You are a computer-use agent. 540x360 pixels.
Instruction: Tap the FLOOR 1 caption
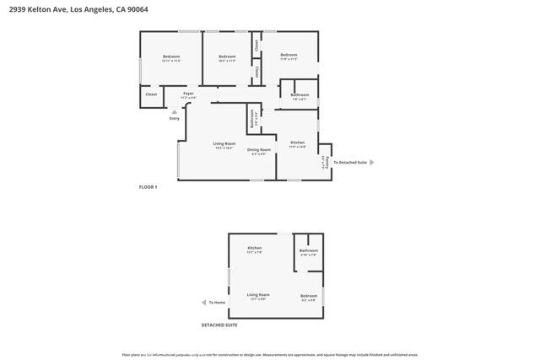(148, 186)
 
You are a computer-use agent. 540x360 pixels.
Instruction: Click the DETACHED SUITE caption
(219, 324)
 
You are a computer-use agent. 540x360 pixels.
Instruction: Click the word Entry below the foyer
(175, 118)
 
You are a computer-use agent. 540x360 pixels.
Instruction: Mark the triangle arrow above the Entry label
(175, 110)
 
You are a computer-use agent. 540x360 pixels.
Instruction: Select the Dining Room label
(258, 149)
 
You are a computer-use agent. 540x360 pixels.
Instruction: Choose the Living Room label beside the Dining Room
(224, 143)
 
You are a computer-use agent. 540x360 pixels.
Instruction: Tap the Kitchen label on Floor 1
(297, 142)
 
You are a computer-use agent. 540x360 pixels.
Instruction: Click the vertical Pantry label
(326, 161)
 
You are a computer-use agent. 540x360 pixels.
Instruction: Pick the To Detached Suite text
(350, 162)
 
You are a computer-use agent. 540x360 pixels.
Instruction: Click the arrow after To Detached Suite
(372, 162)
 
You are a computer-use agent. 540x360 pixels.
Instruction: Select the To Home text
(218, 302)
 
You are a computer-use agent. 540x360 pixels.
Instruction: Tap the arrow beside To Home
(203, 302)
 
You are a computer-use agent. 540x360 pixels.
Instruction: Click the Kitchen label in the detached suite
(255, 248)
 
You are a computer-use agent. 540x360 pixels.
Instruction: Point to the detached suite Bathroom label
(308, 250)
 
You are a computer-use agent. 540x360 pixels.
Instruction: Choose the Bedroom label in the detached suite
(309, 295)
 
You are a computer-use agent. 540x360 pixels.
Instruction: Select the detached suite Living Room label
(258, 294)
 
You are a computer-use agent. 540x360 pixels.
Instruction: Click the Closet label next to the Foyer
(151, 94)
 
